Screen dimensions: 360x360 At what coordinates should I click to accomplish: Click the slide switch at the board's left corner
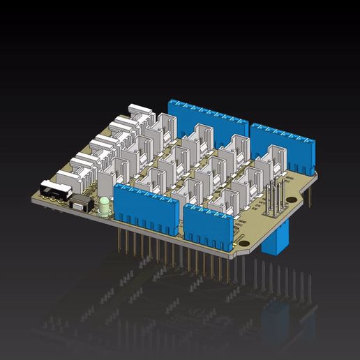[57, 189]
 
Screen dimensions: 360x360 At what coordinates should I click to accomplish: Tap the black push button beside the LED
[81, 204]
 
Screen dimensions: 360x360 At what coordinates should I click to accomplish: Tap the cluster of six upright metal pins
[273, 195]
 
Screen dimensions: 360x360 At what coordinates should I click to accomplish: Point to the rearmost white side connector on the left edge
[139, 111]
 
